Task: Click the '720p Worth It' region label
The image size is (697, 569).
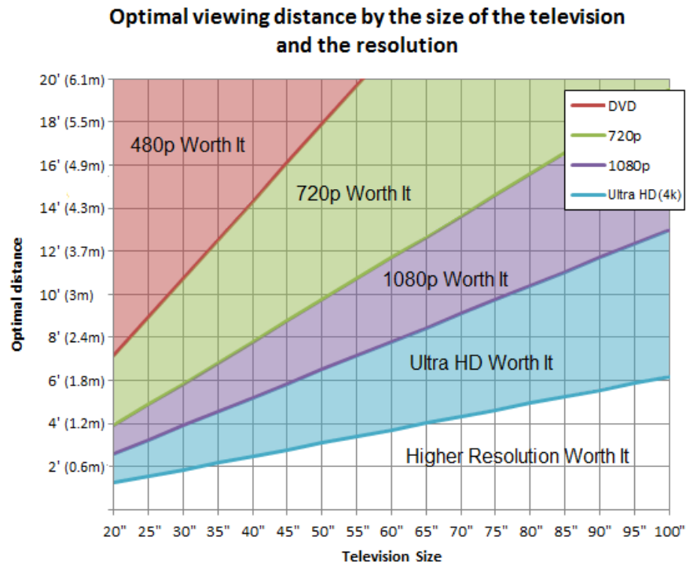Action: (x=354, y=193)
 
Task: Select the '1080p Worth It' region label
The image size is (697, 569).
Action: (x=446, y=279)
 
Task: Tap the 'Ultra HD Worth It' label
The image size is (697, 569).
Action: (x=481, y=363)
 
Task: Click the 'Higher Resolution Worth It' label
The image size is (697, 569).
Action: (x=517, y=455)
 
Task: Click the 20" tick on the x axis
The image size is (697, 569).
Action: (x=115, y=531)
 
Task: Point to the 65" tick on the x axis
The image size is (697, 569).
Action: (x=426, y=531)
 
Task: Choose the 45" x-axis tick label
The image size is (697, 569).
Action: (x=288, y=531)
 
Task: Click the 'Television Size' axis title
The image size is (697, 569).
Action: (x=391, y=556)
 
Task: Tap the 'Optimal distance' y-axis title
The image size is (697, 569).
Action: (x=17, y=294)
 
